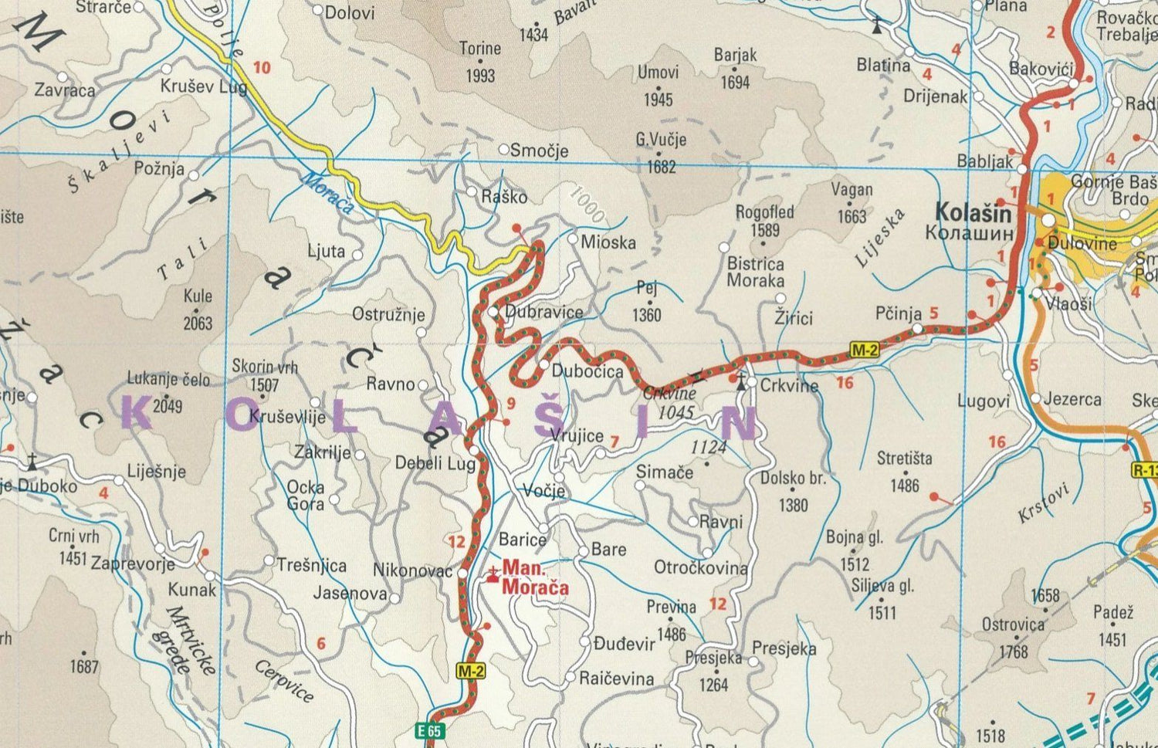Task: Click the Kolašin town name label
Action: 973,212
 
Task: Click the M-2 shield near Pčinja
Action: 865,350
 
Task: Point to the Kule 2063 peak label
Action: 198,309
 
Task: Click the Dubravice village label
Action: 543,312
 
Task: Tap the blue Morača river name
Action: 327,193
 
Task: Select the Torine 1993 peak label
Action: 479,62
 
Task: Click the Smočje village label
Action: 539,151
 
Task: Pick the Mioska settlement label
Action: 608,242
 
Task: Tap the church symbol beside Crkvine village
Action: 740,381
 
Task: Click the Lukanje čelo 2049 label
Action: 168,391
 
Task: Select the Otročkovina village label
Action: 700,568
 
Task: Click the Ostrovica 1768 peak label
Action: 1013,637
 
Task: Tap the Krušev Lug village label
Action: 203,86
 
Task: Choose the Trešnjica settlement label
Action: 312,565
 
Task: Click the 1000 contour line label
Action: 587,203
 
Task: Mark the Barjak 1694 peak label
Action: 735,68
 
